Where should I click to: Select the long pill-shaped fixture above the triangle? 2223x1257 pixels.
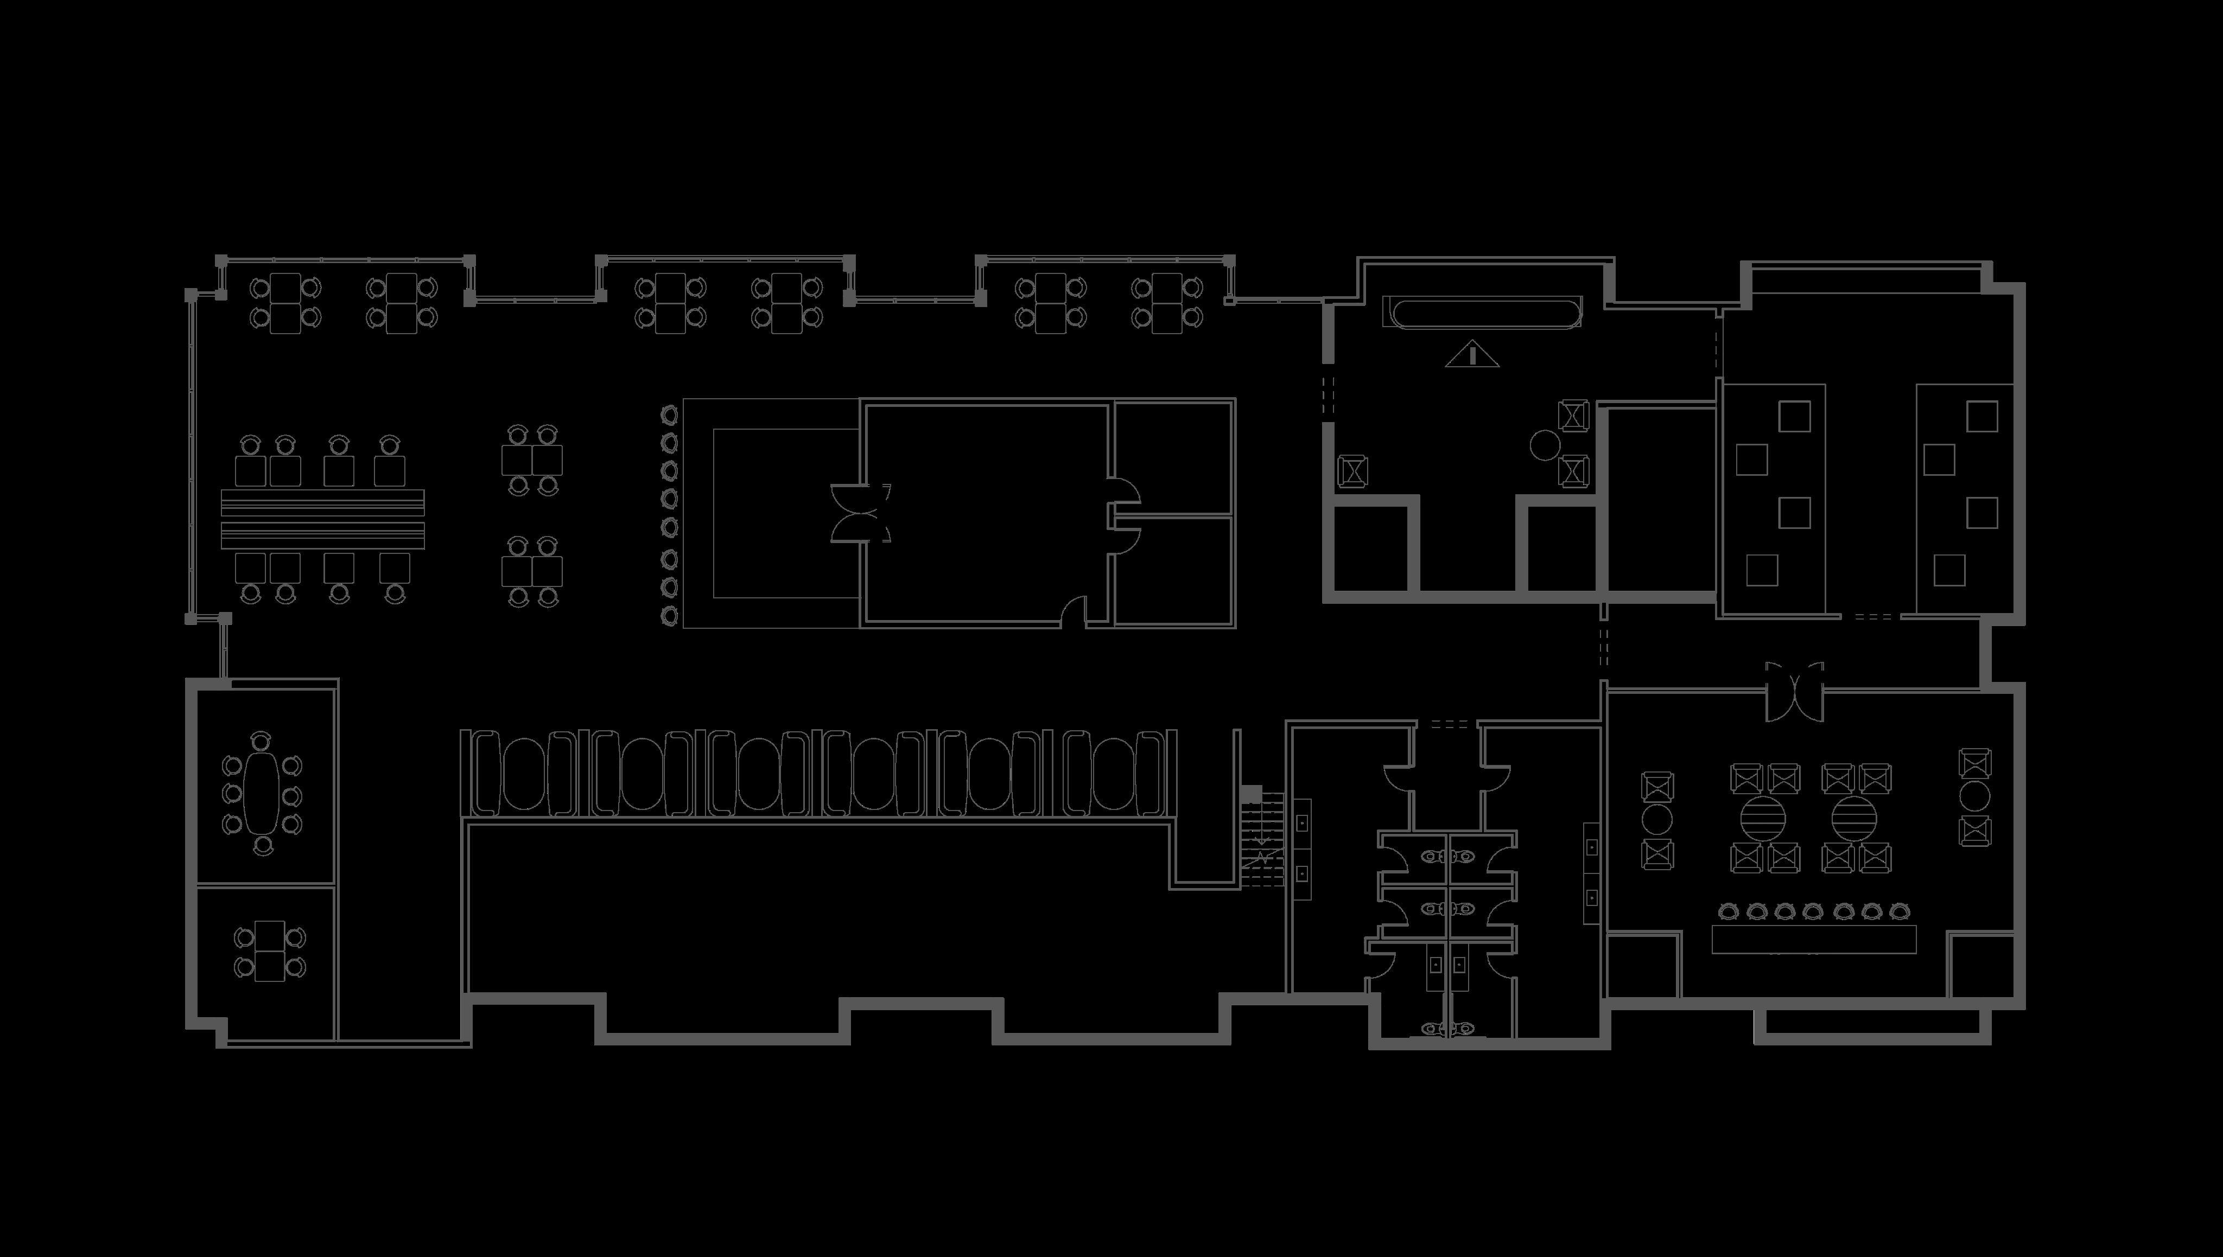[1482, 311]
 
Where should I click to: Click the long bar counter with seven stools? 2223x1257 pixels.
[1814, 939]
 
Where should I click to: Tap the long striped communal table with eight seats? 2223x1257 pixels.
[322, 518]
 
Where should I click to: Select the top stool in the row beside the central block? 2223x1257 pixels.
[669, 415]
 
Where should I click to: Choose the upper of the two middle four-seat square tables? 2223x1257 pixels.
[532, 460]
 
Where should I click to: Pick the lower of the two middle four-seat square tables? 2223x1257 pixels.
[532, 571]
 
